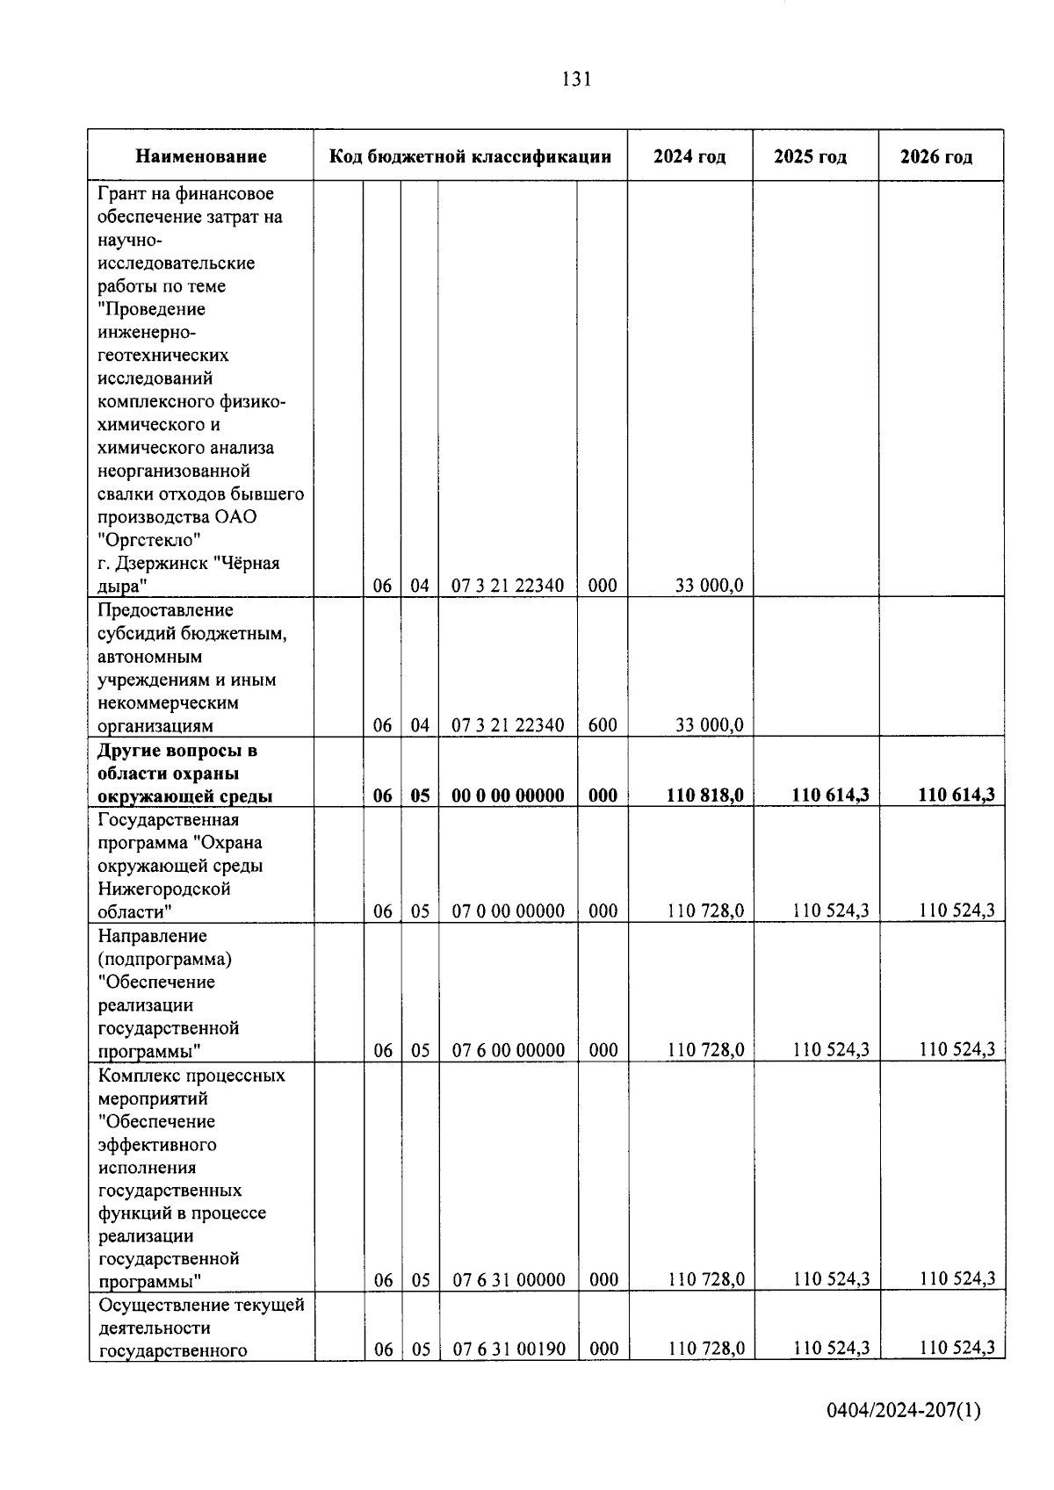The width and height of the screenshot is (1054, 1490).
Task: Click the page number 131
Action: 576,79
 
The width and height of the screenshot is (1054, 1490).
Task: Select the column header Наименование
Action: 200,157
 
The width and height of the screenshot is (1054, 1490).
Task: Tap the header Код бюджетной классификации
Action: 470,157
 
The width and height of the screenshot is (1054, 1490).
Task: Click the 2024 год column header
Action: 689,157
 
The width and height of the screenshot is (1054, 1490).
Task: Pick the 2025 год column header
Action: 810,157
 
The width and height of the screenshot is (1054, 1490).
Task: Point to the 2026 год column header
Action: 936,157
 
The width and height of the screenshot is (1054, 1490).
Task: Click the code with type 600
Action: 603,725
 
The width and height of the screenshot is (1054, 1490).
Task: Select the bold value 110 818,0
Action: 704,795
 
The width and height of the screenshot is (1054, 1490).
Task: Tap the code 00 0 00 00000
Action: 508,795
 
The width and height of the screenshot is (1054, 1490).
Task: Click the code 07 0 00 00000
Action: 508,911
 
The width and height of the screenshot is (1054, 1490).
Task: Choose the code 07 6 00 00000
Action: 508,1050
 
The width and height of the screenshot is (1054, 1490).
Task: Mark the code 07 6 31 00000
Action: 508,1280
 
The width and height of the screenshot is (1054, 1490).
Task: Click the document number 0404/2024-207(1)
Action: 903,1411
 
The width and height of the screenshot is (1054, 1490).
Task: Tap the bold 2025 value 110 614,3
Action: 830,795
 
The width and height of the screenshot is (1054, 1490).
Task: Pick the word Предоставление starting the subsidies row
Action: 165,610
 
